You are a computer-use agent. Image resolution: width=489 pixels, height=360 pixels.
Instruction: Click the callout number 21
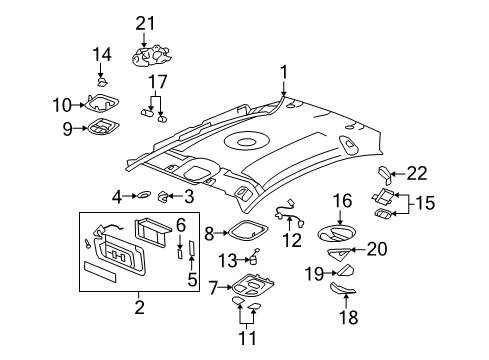147,23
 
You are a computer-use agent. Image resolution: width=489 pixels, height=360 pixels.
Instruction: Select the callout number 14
101,54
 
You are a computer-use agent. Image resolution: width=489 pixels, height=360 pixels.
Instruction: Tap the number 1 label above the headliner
283,71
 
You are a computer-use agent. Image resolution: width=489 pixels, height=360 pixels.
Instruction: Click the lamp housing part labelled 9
102,127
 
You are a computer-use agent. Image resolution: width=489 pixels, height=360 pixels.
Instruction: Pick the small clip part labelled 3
167,196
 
